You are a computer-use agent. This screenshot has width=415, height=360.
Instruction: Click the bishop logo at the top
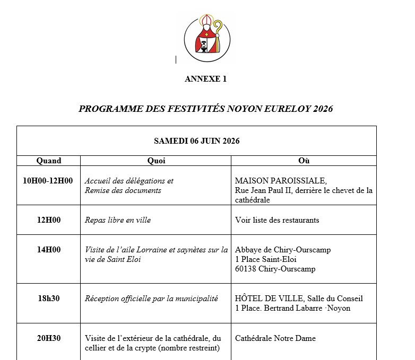tap(207, 39)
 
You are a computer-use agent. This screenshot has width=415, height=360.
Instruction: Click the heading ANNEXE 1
tap(205, 79)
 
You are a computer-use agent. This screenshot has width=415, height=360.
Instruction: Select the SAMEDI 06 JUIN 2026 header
tap(196, 141)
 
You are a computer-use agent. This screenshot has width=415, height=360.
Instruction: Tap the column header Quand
tap(49, 161)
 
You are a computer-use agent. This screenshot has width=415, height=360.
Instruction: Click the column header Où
tap(304, 161)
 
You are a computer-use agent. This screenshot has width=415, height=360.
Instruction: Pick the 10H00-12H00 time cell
tap(48, 181)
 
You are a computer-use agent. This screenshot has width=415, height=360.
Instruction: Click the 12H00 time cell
tap(49, 220)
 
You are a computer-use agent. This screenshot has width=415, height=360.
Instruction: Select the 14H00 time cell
tap(49, 250)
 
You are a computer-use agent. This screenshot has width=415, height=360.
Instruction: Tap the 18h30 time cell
tap(49, 298)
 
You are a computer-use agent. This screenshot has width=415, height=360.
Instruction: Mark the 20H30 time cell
tap(49, 338)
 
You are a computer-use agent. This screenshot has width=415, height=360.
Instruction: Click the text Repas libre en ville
tap(118, 220)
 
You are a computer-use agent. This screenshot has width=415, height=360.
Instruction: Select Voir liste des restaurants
tap(277, 220)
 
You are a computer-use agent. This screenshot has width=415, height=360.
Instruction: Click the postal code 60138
tap(245, 269)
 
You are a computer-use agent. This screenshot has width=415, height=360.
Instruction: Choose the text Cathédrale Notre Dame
tap(275, 338)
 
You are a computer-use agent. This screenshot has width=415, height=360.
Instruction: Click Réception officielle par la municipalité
tap(151, 298)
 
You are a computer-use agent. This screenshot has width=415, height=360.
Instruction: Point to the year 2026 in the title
tap(323, 109)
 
